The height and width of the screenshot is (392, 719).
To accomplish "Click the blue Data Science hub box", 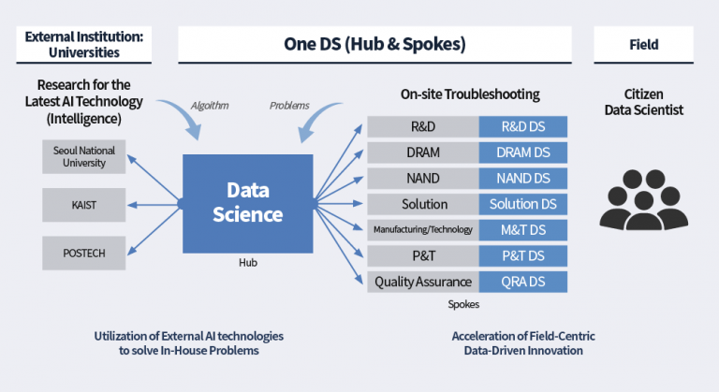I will pos(242,202).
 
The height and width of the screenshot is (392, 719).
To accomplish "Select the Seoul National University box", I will pos(84,156).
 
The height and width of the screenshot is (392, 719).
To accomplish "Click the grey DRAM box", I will pos(422,152).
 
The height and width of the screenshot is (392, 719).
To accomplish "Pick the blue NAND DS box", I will pos(522,178).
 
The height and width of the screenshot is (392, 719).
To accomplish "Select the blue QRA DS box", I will pos(522,281).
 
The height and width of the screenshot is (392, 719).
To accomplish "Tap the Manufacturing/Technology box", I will pos(422,229).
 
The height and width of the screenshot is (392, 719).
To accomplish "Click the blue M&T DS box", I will pos(522,229).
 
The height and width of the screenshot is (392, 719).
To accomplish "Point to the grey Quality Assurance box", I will pos(422,281).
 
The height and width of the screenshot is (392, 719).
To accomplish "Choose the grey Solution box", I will pos(422,203).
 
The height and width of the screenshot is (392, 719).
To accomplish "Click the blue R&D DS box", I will pos(522,126).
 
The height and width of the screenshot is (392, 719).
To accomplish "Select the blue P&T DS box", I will pos(522,254).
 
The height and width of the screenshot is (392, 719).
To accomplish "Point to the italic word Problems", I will pos(289,106).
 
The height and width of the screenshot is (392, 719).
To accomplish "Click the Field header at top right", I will pos(643,44).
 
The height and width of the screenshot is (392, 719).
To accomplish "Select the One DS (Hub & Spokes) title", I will pos(374,44).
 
